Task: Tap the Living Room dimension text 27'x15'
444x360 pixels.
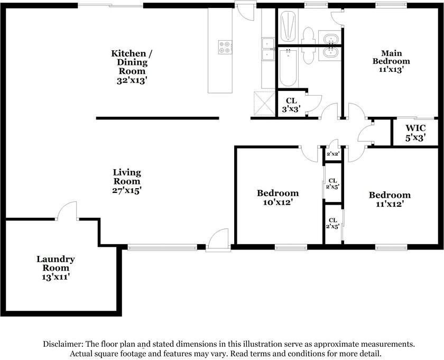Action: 127,191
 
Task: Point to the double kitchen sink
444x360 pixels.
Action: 268,48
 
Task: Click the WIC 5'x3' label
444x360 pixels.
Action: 415,132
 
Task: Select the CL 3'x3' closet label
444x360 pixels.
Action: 291,105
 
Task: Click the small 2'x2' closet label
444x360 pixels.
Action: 332,154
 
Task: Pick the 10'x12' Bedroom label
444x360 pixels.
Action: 277,197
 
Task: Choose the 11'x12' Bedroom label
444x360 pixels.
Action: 390,199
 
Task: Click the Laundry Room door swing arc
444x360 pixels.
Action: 67,209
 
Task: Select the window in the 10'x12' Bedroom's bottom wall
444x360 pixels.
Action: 291,247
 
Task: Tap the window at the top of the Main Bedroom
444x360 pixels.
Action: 390,5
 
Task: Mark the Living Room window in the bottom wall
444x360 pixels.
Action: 162,247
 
